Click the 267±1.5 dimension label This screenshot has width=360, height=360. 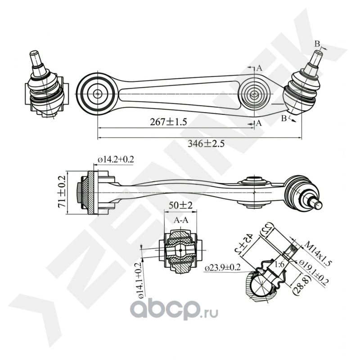point(161,121)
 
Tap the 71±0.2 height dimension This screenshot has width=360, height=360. point(61,191)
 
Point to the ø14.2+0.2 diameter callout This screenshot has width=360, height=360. point(116,159)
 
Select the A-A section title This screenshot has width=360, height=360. point(181,221)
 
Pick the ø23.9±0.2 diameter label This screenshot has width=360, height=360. point(223,268)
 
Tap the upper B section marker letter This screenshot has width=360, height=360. point(317,44)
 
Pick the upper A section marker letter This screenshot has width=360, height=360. point(259,68)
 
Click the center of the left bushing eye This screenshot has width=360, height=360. point(97,94)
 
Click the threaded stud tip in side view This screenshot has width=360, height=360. point(317,204)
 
